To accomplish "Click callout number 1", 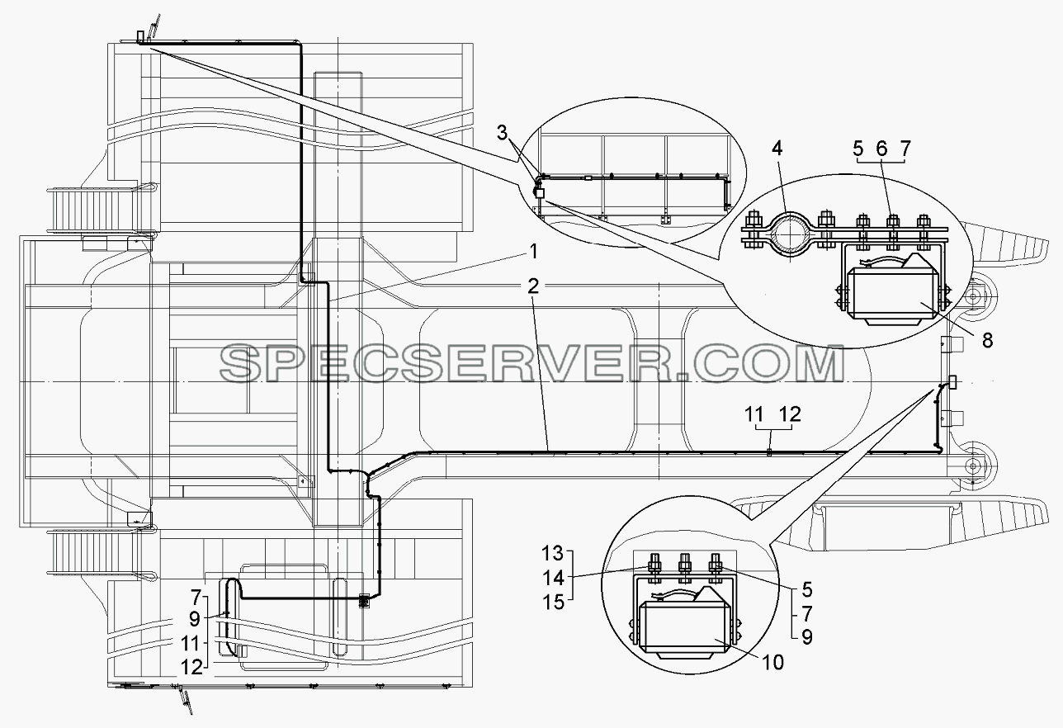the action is (x=533, y=252).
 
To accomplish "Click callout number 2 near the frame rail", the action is (x=533, y=286).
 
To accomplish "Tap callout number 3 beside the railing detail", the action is (x=502, y=133).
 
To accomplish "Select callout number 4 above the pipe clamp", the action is (x=777, y=149).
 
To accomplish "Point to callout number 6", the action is (x=881, y=149).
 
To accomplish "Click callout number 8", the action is (x=987, y=340).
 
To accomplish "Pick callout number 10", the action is (x=773, y=663).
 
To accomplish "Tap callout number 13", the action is (x=552, y=553).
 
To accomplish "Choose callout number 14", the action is (x=552, y=578).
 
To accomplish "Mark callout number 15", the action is (x=552, y=603).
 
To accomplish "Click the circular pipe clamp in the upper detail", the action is (x=789, y=236).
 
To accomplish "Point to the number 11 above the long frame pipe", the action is (x=754, y=415).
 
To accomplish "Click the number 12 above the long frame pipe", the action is (x=790, y=415).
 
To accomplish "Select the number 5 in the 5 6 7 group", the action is (x=858, y=149).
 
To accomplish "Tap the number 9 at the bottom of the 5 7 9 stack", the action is (x=807, y=637).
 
